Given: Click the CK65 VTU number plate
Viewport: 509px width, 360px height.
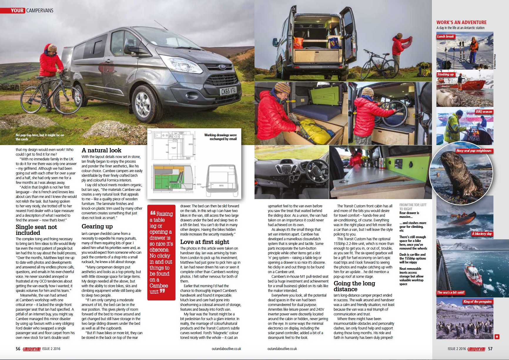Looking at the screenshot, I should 228,91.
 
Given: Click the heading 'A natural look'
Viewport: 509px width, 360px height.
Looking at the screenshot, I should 101,150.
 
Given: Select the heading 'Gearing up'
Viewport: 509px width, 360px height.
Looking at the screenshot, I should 97,226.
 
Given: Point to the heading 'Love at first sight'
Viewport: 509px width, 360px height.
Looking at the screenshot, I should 205,242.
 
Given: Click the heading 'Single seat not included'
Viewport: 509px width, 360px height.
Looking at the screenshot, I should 36,230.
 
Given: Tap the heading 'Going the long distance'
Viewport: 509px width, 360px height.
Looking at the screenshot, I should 354,286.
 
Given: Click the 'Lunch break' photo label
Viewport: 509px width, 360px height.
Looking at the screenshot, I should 445,36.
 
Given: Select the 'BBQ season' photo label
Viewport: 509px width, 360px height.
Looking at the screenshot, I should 484,112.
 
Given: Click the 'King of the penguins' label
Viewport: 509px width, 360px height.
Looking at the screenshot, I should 477,302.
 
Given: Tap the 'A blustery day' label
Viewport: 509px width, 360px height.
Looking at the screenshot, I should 482,234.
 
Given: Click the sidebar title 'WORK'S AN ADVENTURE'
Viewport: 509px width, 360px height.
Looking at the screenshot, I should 461,22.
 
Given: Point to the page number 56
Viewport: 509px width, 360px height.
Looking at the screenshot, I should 18,349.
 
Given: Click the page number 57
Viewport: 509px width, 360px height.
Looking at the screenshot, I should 490,349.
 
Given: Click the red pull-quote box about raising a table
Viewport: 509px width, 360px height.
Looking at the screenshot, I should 161,253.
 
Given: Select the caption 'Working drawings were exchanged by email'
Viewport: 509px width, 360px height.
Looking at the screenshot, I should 220,137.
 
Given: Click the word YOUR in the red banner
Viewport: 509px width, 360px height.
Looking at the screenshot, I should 17,11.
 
